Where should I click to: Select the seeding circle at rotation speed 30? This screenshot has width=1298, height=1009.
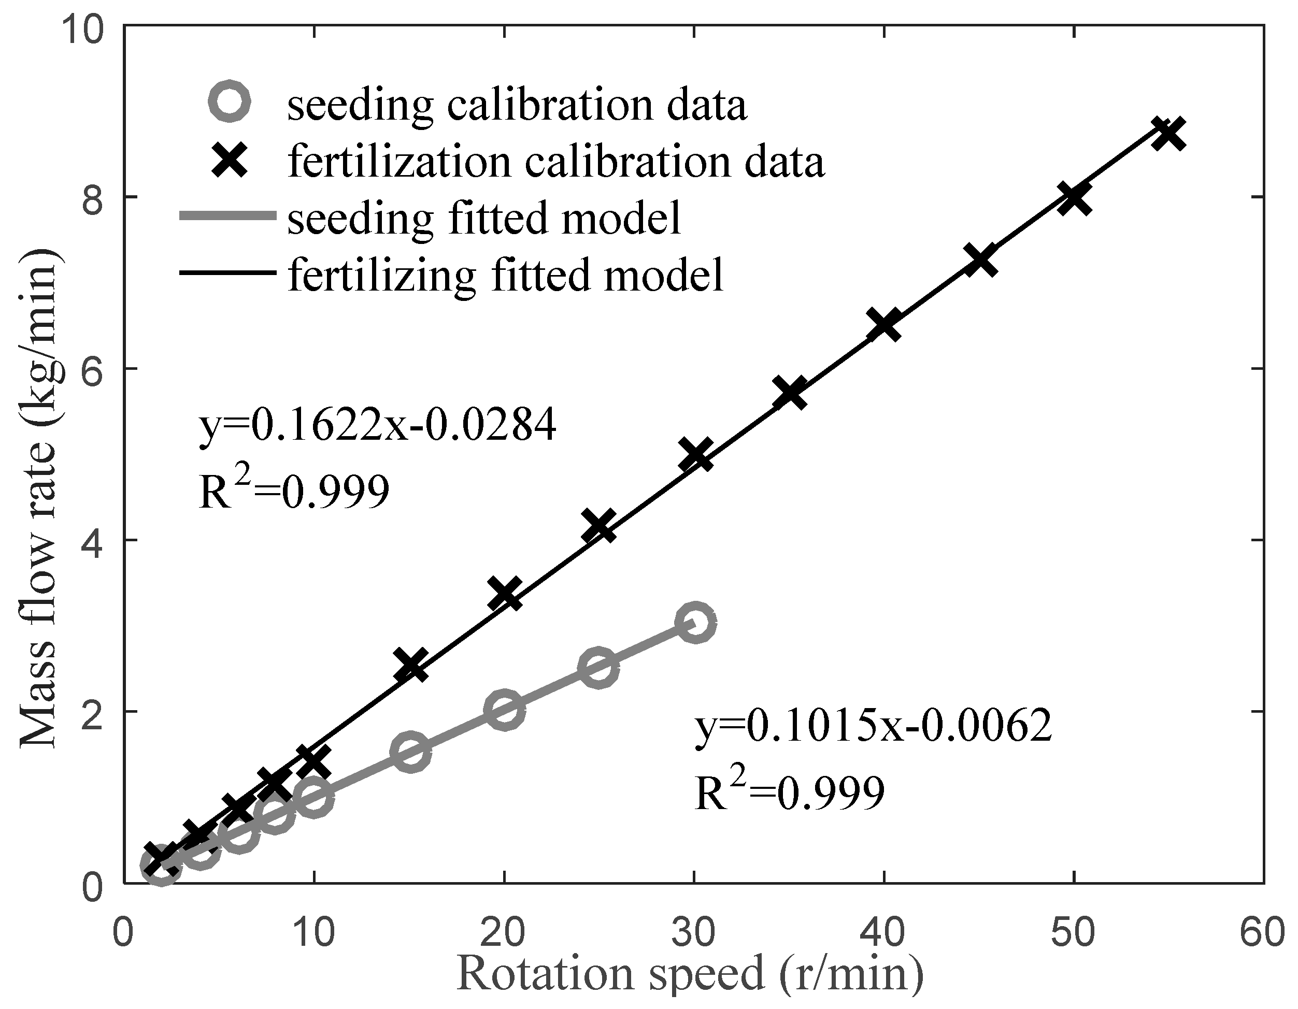[x=695, y=622]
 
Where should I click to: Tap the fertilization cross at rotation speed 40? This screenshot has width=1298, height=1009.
[x=884, y=325]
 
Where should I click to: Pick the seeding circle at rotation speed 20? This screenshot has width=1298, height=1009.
[x=504, y=709]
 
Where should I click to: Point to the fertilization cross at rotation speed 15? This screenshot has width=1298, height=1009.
[x=410, y=665]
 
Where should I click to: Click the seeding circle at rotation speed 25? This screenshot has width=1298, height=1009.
[x=598, y=667]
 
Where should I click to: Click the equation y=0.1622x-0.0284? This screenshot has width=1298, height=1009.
[x=377, y=425]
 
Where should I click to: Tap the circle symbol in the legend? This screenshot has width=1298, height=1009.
[x=230, y=102]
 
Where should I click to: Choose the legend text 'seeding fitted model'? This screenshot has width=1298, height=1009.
[x=484, y=218]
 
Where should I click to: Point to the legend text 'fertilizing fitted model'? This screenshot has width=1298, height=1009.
[x=505, y=275]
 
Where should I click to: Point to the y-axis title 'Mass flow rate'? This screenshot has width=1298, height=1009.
[x=39, y=499]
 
